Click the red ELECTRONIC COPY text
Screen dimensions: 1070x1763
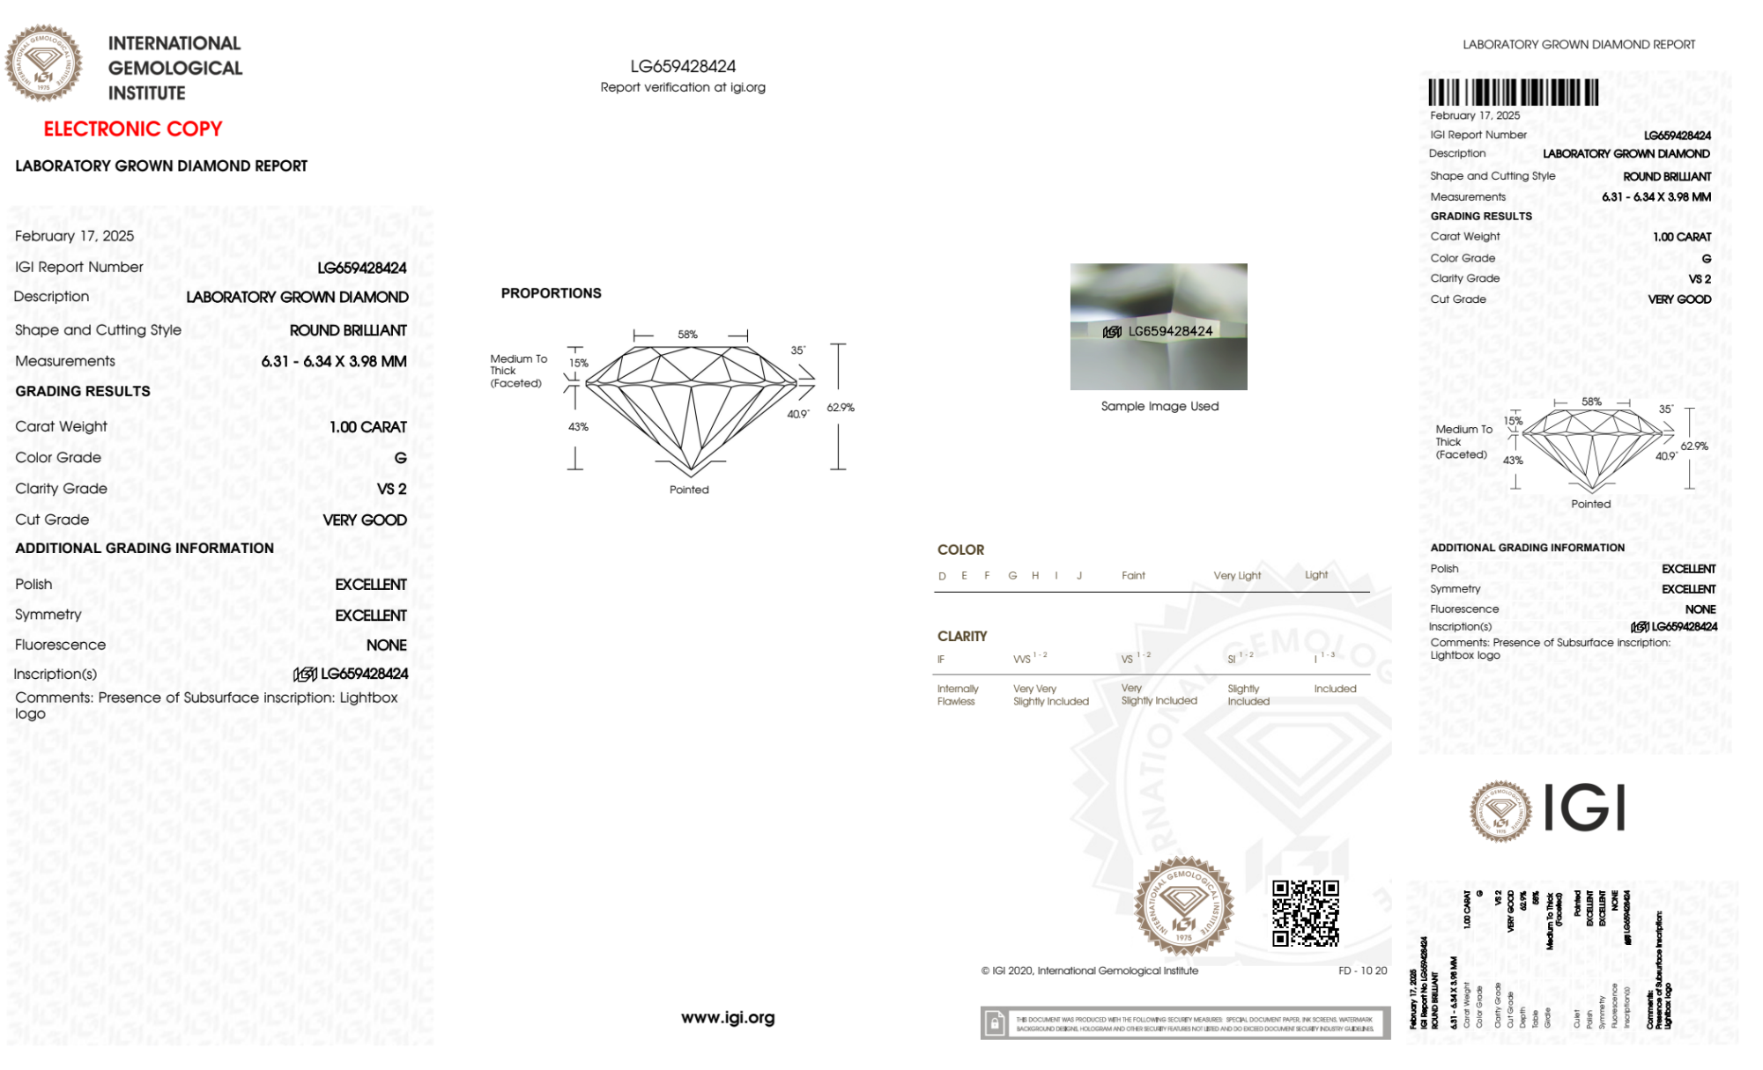(x=133, y=129)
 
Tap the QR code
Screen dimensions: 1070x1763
(x=1305, y=913)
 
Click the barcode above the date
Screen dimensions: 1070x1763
(x=1513, y=92)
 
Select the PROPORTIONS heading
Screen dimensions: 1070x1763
(x=551, y=293)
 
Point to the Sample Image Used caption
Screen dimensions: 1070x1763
(x=1159, y=406)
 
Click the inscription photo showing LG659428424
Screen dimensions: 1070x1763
(x=1158, y=327)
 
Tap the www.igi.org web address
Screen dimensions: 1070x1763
(x=728, y=1017)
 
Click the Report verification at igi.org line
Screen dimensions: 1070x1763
(x=683, y=87)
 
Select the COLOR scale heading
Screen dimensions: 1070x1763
(x=960, y=550)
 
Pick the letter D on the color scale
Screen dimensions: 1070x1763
(x=942, y=576)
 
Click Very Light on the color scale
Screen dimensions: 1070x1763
(x=1237, y=576)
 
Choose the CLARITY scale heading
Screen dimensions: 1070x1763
(x=962, y=636)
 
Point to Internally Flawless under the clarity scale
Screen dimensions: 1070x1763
(x=957, y=695)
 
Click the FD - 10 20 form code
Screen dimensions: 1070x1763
(x=1362, y=970)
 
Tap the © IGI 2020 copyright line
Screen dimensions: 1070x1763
(x=1090, y=970)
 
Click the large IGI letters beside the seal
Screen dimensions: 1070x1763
(x=1585, y=808)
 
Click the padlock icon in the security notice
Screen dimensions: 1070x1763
(x=995, y=1023)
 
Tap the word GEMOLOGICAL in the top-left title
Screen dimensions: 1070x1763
(x=174, y=68)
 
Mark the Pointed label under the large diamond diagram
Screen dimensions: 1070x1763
(x=689, y=490)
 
